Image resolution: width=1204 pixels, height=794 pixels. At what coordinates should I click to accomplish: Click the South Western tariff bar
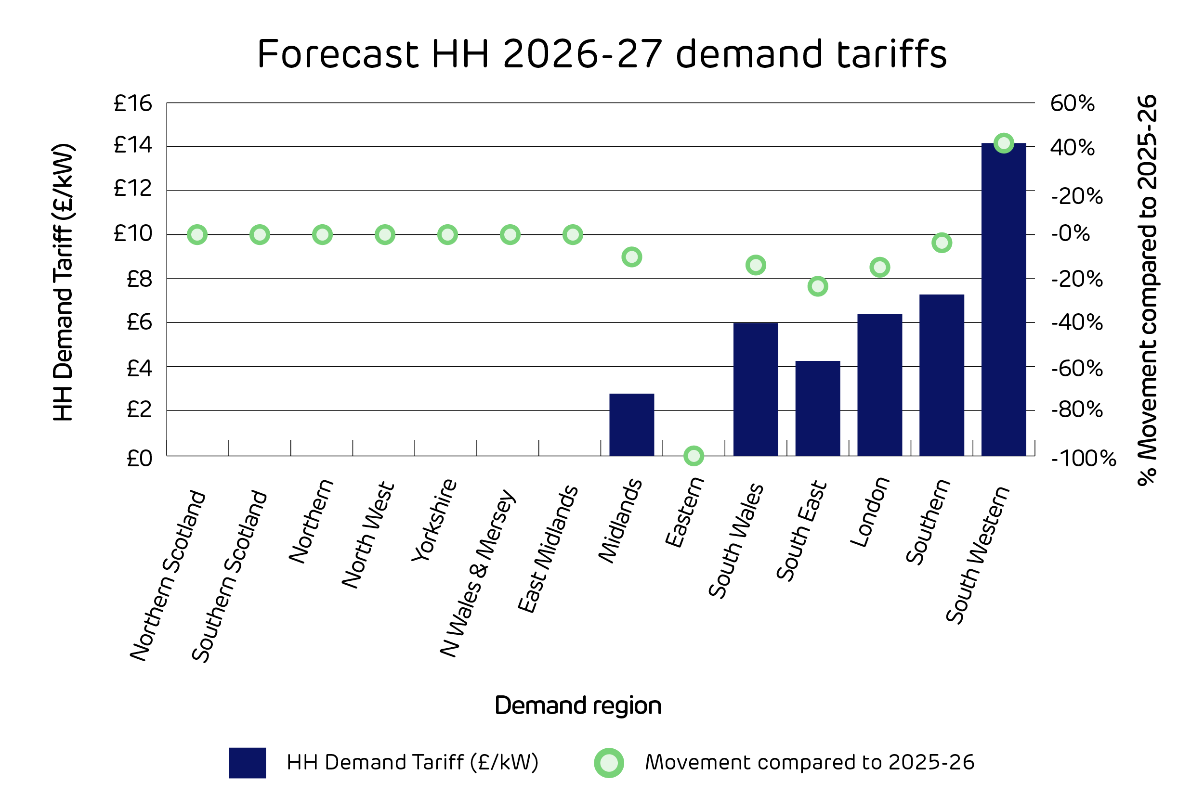coord(1003,300)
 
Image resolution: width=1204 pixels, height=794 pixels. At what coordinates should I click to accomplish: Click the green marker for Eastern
coord(694,456)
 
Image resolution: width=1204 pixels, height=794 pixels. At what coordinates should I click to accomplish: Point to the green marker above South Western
coord(1004,143)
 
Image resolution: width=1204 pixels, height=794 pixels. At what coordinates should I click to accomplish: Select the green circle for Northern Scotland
coord(197,235)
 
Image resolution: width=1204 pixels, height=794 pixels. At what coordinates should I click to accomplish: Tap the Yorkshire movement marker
coord(447,235)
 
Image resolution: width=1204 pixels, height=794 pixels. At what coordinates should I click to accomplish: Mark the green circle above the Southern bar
coord(942,243)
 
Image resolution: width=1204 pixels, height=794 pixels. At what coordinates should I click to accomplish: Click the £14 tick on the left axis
coord(133,146)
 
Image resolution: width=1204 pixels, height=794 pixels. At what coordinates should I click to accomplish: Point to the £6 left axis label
coord(139,322)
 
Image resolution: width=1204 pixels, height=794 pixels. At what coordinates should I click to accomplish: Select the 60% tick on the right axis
coord(1072,104)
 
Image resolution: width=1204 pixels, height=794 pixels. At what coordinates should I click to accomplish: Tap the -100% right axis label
coord(1084,459)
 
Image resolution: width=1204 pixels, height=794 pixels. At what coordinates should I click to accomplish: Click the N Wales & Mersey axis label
coord(477,573)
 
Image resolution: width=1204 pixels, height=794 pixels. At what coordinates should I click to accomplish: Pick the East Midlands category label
coord(547,550)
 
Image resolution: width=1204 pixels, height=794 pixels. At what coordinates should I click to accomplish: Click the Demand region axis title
coord(577,706)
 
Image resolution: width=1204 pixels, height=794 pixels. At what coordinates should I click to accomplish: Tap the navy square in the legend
coord(247,763)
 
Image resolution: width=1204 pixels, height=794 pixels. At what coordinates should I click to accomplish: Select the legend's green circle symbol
coord(609,763)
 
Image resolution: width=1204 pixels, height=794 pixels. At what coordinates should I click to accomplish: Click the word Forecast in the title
coord(338,54)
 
